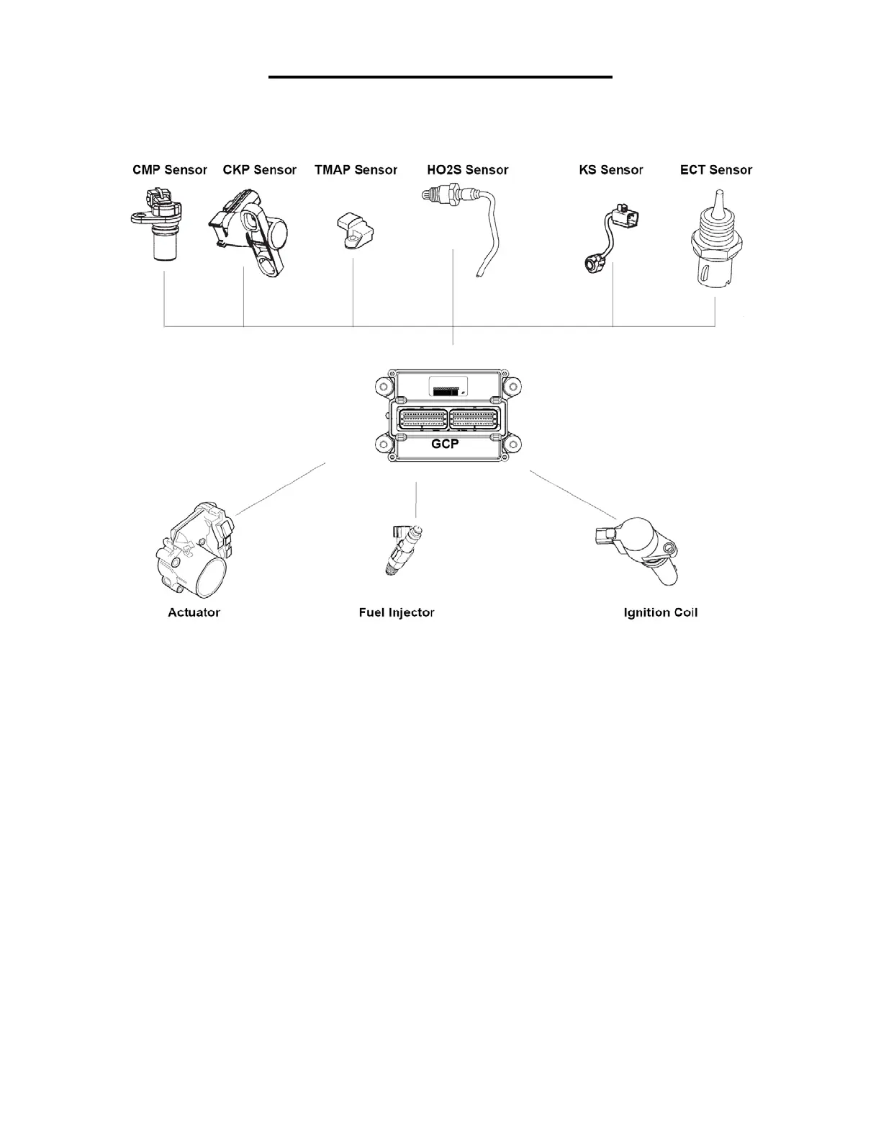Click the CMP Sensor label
click(169, 170)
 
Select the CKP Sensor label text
click(259, 170)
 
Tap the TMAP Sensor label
click(356, 170)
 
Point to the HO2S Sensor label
click(467, 170)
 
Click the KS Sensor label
click(610, 170)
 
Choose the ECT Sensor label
click(715, 170)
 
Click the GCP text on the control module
click(444, 444)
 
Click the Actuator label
click(194, 612)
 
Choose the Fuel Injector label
click(397, 612)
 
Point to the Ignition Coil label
click(660, 612)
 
